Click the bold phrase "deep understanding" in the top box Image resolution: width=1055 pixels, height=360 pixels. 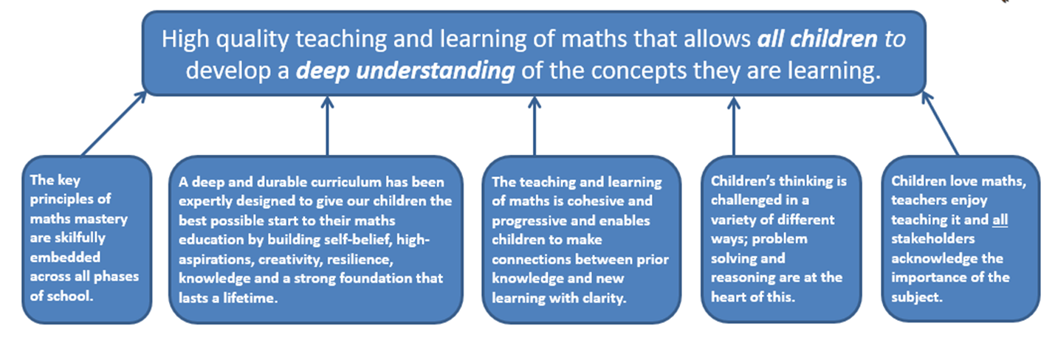pyautogui.click(x=405, y=71)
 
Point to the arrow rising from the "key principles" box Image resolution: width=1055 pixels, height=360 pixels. pyautogui.click(x=114, y=123)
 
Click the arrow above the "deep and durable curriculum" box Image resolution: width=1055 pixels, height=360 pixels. pyautogui.click(x=327, y=126)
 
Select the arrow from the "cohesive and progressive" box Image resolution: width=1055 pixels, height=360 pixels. pyautogui.click(x=534, y=126)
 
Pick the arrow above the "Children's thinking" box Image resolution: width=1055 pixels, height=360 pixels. pyautogui.click(x=733, y=126)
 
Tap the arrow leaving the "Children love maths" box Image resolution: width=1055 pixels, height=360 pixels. pyautogui.click(x=940, y=123)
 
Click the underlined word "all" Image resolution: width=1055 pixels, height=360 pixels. pyautogui.click(x=1000, y=220)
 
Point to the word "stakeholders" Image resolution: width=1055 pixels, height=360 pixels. pyautogui.click(x=932, y=238)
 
